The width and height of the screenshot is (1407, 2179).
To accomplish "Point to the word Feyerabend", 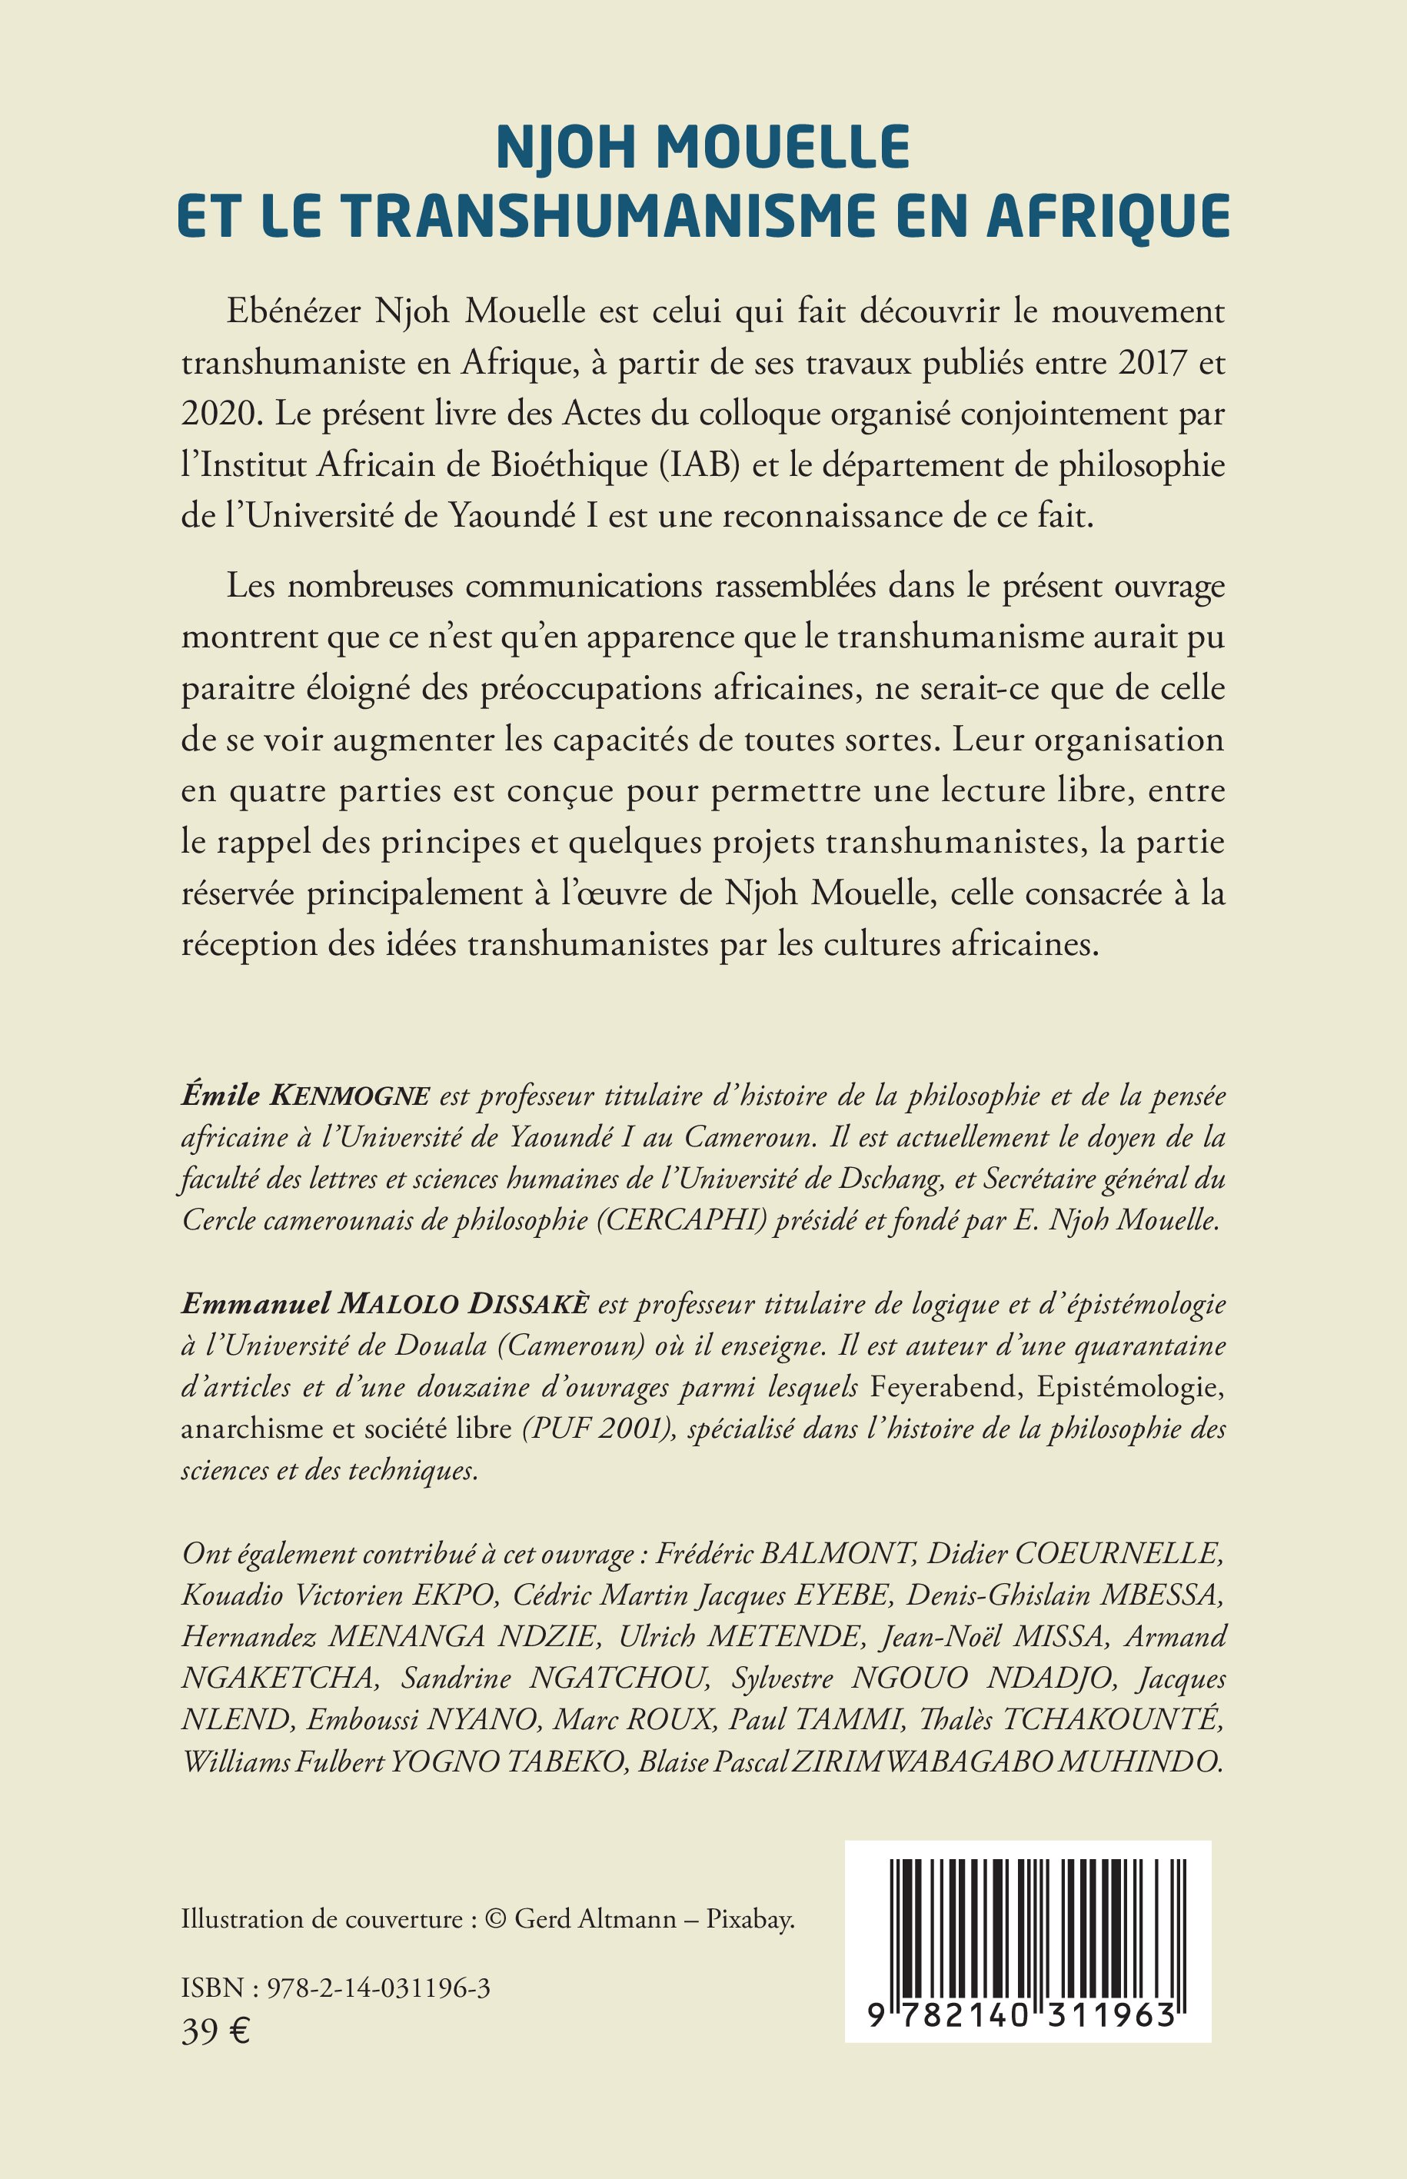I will [x=945, y=1388].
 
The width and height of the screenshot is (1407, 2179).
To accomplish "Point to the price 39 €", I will [x=215, y=2030].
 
